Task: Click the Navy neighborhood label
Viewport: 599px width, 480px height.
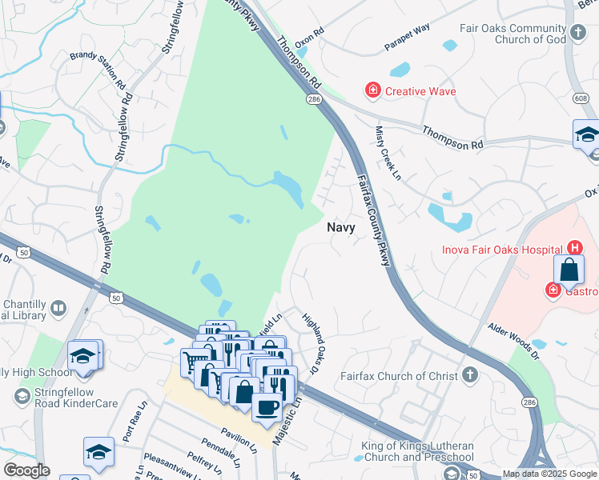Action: (x=341, y=227)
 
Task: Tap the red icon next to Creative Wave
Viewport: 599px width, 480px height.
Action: (x=372, y=90)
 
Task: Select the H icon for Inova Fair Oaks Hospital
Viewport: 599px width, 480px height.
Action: (x=573, y=249)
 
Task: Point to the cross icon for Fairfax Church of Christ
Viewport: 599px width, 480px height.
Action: (x=468, y=375)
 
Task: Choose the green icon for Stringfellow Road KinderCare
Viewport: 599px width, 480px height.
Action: (x=22, y=396)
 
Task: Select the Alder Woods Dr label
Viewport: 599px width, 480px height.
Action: (x=520, y=337)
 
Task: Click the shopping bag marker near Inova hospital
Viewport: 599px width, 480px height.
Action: (x=568, y=270)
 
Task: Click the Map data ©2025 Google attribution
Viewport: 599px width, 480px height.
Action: (x=549, y=474)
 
